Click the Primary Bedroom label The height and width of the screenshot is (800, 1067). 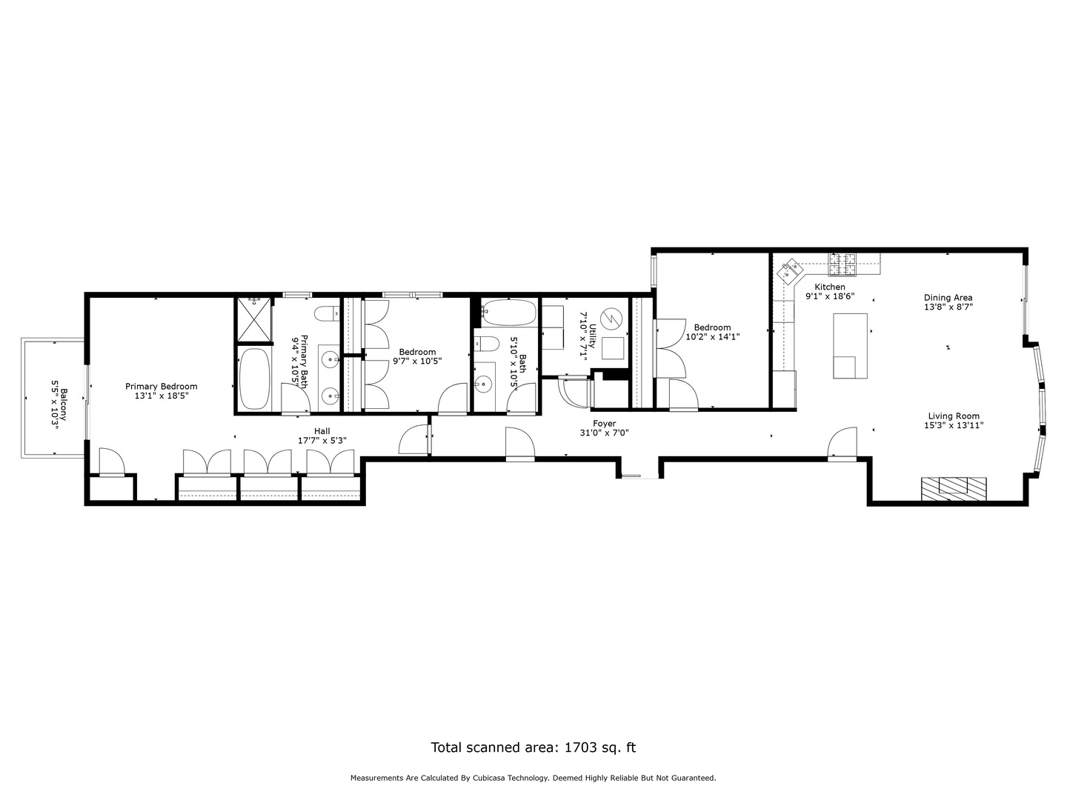click(x=161, y=386)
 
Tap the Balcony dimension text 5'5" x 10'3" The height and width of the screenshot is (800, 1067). click(x=54, y=400)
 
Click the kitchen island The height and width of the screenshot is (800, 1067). click(x=850, y=345)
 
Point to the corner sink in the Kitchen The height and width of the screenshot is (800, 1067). click(x=788, y=270)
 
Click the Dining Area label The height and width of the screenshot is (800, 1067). click(x=948, y=297)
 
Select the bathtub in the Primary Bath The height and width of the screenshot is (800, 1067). click(x=255, y=379)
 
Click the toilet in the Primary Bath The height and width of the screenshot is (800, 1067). click(x=325, y=315)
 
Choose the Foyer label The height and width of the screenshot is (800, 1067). click(x=604, y=424)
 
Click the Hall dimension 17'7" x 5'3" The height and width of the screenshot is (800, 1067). click(x=322, y=440)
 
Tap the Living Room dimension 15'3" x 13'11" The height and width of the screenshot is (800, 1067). click(x=954, y=425)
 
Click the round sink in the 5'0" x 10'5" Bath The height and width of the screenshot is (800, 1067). click(x=484, y=384)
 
